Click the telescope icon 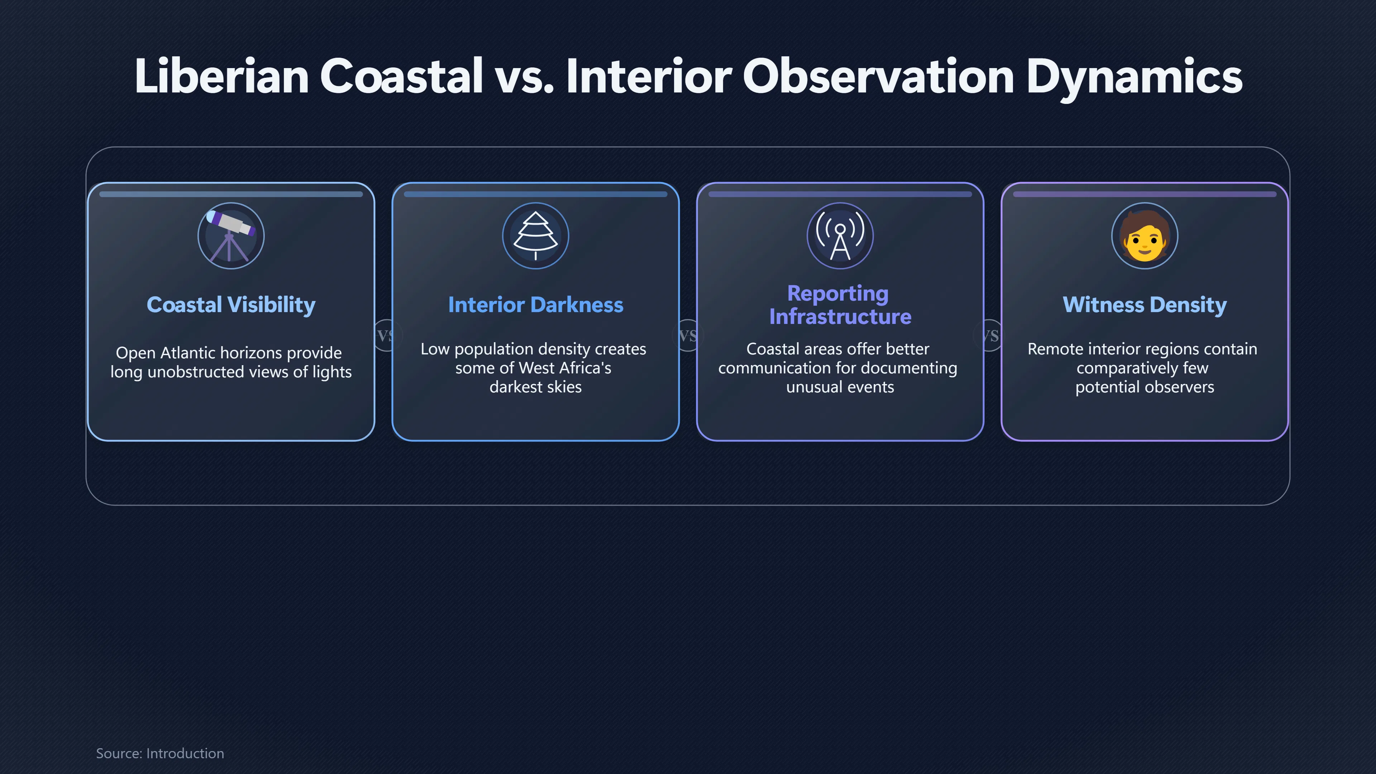(231, 235)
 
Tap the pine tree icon (535, 235)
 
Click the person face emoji (1144, 235)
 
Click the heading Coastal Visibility (231, 305)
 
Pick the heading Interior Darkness (535, 305)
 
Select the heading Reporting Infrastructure (840, 305)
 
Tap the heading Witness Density (1144, 305)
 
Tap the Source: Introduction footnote (160, 753)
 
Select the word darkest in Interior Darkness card (513, 387)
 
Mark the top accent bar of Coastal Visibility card (231, 195)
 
